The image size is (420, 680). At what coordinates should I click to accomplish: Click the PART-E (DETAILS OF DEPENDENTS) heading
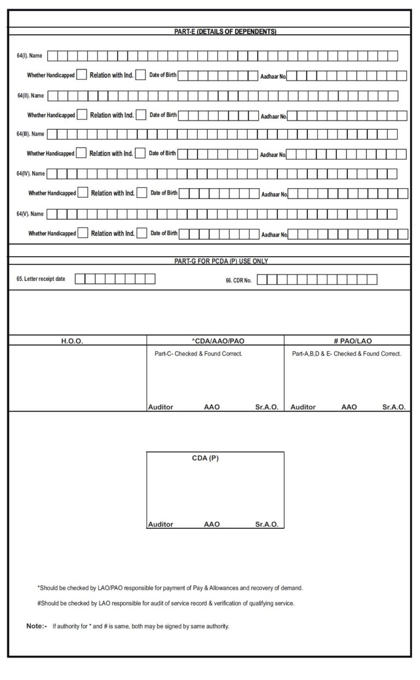point(225,32)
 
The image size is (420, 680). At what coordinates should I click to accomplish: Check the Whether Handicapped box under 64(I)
point(81,74)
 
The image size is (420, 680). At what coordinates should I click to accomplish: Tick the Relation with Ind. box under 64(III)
point(141,153)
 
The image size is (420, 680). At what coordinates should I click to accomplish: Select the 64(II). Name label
point(31,96)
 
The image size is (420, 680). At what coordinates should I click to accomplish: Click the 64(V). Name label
point(30,214)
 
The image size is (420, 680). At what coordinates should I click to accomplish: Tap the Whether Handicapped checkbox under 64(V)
point(83,233)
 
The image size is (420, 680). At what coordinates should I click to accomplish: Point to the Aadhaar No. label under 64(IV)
point(274,194)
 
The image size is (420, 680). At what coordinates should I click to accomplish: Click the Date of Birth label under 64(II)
point(163,115)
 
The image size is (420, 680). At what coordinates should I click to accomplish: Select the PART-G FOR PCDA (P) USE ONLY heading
point(221,261)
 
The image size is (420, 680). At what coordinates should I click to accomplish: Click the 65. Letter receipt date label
point(41,279)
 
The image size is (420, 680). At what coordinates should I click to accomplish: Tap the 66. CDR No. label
point(238,280)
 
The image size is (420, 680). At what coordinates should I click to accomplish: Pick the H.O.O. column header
point(72,341)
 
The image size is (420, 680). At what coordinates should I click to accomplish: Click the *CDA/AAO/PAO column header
point(214,341)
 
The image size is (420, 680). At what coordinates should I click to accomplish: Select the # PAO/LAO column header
point(353,341)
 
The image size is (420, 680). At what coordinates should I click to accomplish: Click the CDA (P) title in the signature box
point(205,458)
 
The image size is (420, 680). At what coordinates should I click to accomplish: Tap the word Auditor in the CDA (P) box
point(161,525)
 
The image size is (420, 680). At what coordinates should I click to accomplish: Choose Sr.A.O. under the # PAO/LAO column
point(394,407)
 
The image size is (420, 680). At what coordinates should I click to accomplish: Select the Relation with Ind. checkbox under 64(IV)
point(142,193)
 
